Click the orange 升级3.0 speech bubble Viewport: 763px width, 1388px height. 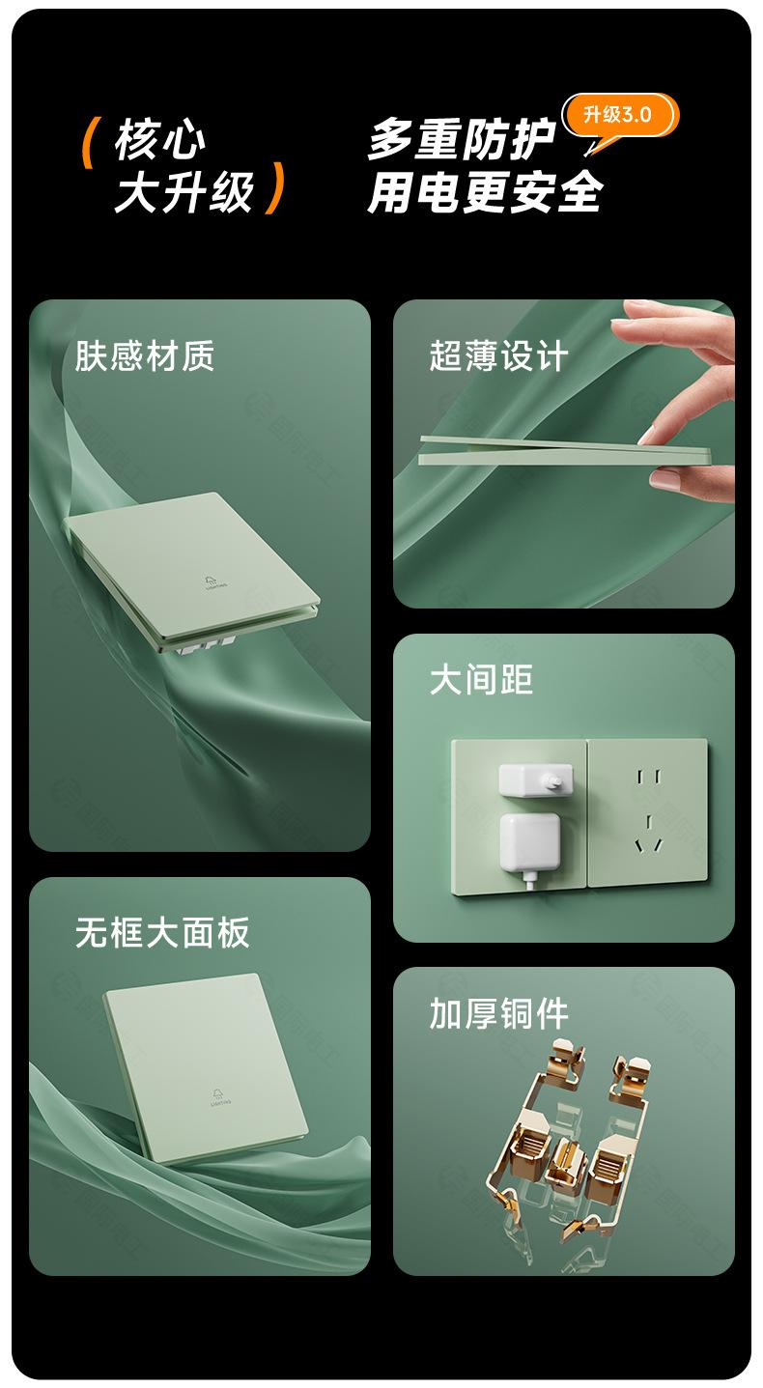click(x=620, y=117)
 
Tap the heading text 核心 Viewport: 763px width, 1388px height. click(x=160, y=140)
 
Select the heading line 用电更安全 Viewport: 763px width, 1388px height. click(x=485, y=192)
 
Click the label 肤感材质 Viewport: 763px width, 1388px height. click(x=145, y=355)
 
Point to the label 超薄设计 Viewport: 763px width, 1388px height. click(x=498, y=355)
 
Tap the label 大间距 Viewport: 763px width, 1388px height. click(x=481, y=679)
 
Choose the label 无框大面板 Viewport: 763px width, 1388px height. click(x=162, y=932)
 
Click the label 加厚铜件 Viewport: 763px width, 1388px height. click(x=498, y=1014)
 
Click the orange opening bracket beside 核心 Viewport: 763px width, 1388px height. click(x=89, y=143)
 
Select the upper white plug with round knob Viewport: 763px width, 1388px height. click(x=535, y=780)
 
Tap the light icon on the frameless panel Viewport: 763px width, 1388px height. click(x=221, y=1097)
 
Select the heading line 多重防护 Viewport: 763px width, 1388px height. click(x=461, y=140)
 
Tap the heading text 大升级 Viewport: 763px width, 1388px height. click(x=184, y=192)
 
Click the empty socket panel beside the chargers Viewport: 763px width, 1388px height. click(x=648, y=812)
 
